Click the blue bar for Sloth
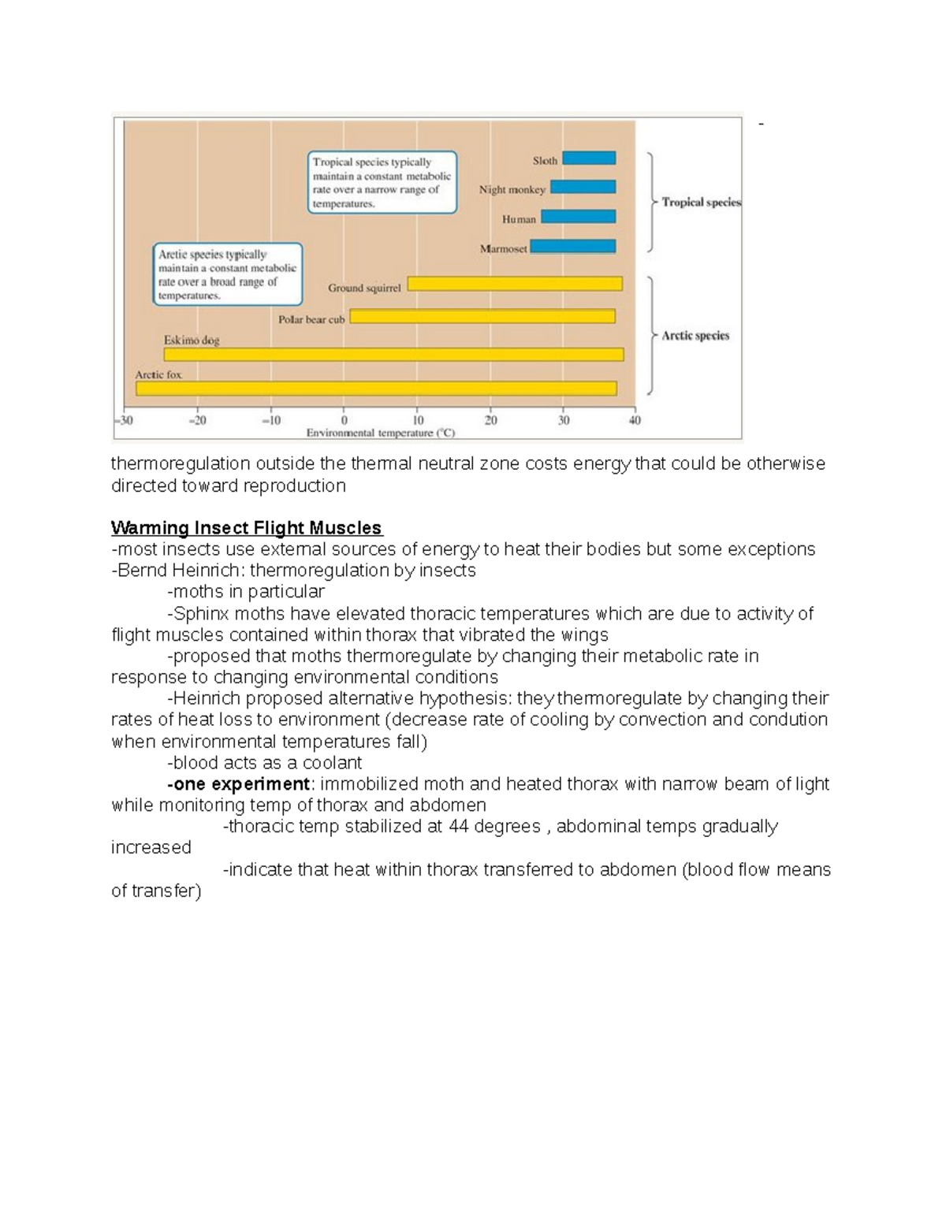(589, 158)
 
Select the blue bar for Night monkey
(583, 187)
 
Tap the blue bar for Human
(578, 217)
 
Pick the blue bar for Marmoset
(572, 247)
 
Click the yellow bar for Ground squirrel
(514, 284)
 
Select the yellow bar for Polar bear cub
(482, 316)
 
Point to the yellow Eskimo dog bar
(393, 355)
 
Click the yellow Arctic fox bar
(376, 389)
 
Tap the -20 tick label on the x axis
(197, 421)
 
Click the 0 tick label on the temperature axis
(344, 421)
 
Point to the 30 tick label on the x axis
(564, 421)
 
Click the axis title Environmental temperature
(380, 433)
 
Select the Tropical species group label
(701, 203)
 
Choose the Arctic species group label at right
(695, 336)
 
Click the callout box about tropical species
(382, 183)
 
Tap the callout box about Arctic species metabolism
(227, 274)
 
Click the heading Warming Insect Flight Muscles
(246, 528)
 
